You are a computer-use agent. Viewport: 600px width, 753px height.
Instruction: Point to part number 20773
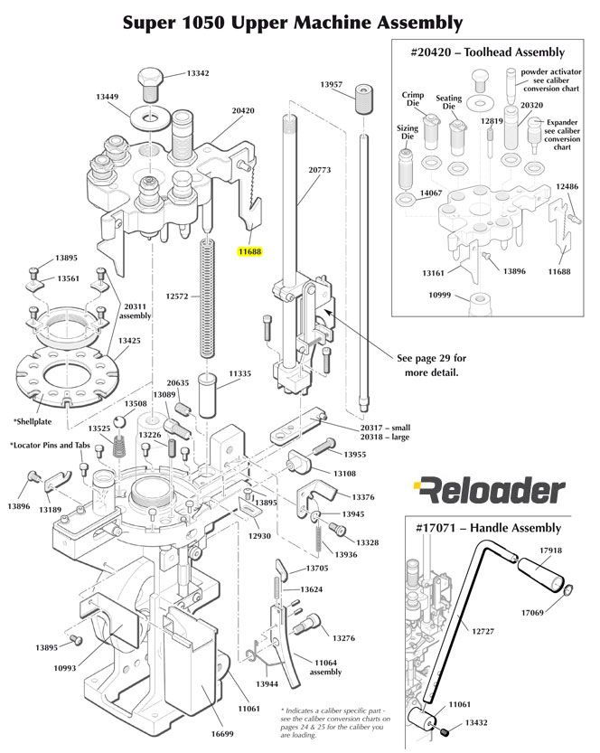click(x=320, y=168)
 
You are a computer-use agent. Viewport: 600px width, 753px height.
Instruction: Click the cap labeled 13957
click(x=364, y=98)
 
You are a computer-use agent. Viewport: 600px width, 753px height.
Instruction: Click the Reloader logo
click(x=488, y=491)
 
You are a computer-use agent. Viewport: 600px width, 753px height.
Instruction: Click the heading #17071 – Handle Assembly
click(x=488, y=528)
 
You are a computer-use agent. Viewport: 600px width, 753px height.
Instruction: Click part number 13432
click(x=477, y=723)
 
